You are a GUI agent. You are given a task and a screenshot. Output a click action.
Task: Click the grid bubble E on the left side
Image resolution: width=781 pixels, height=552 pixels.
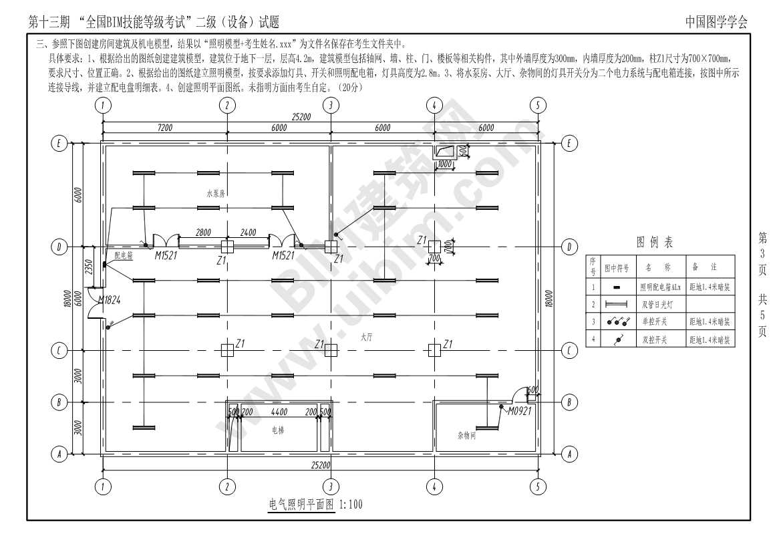(x=59, y=143)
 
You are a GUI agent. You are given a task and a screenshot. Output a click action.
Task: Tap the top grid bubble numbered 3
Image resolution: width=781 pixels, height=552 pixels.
(x=331, y=105)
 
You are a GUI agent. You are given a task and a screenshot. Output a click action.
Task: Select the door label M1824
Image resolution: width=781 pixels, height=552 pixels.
(x=109, y=301)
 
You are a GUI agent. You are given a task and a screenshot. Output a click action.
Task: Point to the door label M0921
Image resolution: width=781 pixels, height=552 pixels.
(x=519, y=411)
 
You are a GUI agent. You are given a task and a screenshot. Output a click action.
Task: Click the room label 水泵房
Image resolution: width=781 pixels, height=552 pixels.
(x=216, y=194)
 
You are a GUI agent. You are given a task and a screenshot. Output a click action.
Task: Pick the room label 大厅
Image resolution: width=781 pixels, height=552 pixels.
(x=365, y=338)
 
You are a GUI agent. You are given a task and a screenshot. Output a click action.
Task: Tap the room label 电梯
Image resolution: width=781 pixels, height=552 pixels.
(x=278, y=430)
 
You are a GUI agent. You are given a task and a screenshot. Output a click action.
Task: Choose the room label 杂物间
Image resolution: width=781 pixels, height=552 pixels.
(x=466, y=435)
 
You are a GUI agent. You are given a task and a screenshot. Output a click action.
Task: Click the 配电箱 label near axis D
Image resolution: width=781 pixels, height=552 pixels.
(x=123, y=255)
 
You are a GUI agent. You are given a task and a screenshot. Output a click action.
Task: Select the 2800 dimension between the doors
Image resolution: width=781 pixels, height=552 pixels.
(x=203, y=233)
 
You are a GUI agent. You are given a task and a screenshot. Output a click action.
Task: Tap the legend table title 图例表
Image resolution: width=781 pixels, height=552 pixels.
(x=655, y=242)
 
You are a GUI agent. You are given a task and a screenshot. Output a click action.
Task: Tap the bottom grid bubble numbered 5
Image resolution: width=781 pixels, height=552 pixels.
(x=538, y=487)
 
